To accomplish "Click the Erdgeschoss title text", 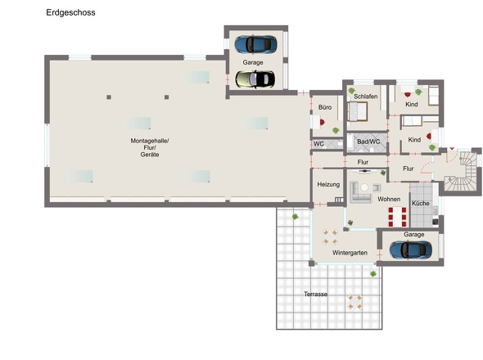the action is (70, 12).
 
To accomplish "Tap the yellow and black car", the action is (255, 79).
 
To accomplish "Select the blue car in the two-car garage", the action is (255, 44).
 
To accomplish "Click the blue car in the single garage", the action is (411, 250).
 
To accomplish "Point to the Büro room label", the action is (325, 107).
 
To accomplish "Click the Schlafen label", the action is (366, 97).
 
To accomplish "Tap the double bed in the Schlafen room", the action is (358, 111).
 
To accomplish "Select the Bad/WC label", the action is (368, 142).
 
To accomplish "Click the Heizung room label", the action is (328, 184).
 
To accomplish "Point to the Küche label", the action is (421, 203).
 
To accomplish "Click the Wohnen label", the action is (389, 200).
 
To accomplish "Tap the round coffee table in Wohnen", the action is (364, 187).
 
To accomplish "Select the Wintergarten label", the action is (350, 253).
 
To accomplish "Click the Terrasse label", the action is (315, 294).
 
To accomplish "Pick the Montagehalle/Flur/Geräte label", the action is (150, 147).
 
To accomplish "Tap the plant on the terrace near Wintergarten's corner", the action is (373, 273).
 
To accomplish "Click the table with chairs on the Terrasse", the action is (354, 302).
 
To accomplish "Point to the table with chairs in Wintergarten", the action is (330, 236).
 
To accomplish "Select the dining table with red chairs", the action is (397, 217).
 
